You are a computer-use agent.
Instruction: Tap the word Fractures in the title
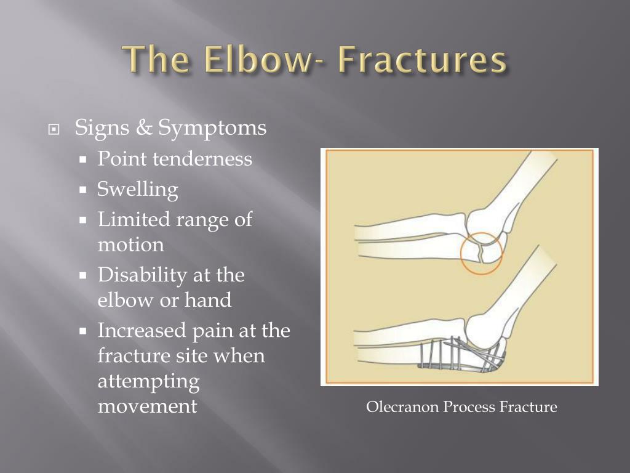pos(422,60)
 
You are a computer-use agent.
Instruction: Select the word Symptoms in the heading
pos(212,129)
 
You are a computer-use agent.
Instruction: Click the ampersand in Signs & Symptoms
pos(144,127)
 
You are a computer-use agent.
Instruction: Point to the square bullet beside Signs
pos(54,129)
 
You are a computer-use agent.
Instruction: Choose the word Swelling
pos(137,190)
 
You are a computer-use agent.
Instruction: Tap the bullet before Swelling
pos(83,190)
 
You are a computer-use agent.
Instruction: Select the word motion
pos(131,245)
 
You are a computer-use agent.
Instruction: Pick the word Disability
pos(142,275)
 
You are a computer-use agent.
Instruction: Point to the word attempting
pos(149,382)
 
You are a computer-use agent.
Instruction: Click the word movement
pos(148,406)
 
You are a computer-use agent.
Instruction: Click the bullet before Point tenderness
pos(83,160)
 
